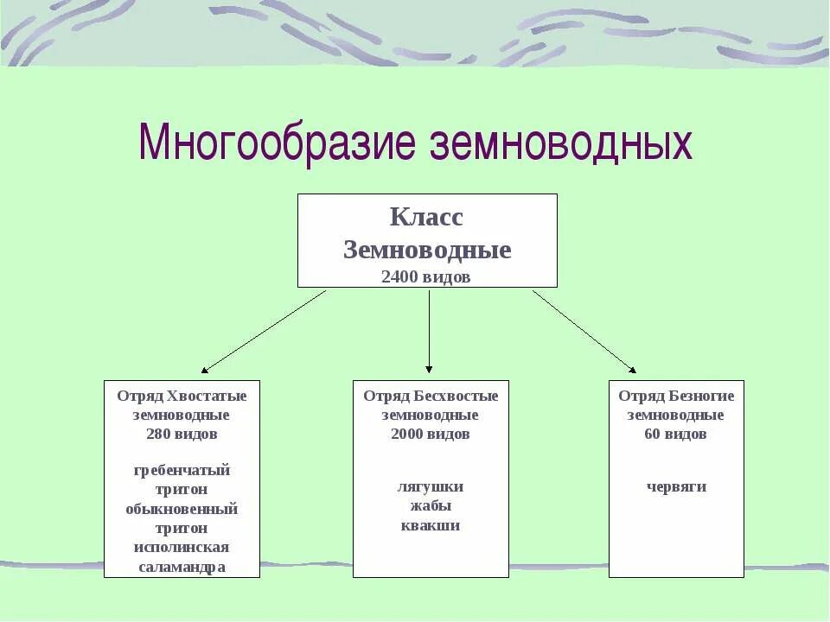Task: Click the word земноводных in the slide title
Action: (561, 142)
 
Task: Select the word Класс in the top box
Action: (426, 217)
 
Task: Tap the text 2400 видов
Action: (426, 276)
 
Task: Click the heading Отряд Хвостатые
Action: (182, 396)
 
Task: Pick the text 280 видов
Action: (182, 434)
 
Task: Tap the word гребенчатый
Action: (182, 470)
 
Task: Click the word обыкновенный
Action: (182, 508)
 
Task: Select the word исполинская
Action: (182, 547)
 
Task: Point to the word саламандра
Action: (182, 567)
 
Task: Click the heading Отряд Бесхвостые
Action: (431, 396)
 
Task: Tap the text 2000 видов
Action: (431, 434)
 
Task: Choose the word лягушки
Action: (431, 486)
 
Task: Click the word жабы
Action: (431, 505)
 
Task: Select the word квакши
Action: (431, 525)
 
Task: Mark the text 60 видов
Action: (675, 434)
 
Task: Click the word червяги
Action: (676, 486)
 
